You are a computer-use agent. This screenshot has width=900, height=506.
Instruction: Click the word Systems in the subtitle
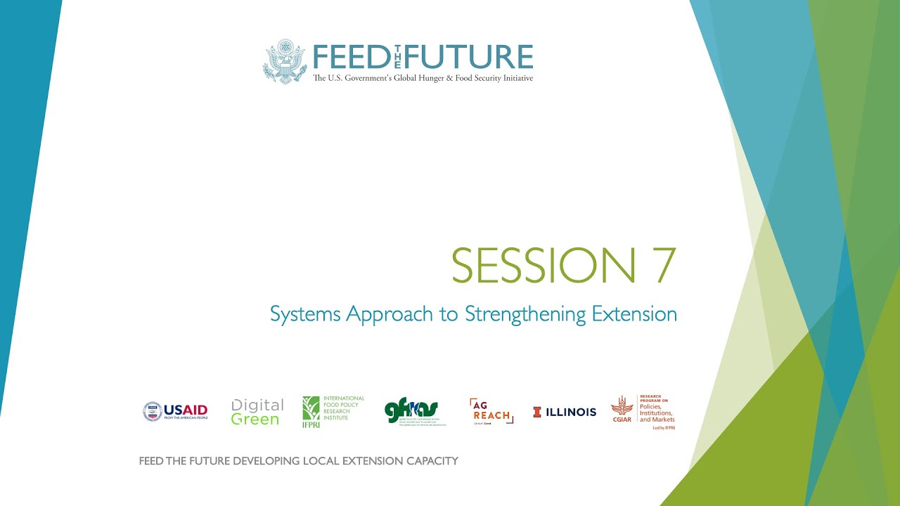pos(304,314)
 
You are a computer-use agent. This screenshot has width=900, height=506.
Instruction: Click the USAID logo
pos(176,411)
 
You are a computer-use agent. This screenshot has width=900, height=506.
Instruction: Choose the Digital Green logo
pos(257,412)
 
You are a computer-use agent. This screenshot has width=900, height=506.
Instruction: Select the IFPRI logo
pos(333,411)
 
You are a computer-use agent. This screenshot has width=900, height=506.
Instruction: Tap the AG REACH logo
pos(491,412)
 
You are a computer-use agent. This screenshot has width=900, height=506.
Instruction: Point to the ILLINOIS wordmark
pos(571,413)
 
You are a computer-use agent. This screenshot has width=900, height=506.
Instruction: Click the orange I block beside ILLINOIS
pos(537,413)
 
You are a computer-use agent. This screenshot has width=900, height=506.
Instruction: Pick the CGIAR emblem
pos(622,408)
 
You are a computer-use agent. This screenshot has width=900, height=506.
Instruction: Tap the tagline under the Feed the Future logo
pos(423,78)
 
